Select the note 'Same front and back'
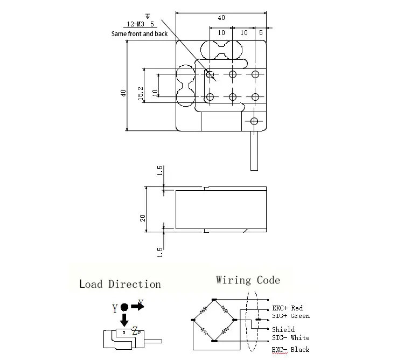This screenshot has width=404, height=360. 140,34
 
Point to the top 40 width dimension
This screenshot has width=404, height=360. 221,18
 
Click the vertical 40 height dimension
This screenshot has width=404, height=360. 124,93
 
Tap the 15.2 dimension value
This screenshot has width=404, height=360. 141,93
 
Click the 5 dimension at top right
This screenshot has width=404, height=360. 261,33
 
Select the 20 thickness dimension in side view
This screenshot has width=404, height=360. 143,217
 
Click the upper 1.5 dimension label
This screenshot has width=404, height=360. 160,171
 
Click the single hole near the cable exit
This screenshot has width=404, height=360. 255,121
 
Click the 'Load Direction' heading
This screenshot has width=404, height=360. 120,284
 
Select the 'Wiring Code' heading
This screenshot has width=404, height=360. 248,280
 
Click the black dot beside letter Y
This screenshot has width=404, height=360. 124,307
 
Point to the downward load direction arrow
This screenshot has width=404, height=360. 124,320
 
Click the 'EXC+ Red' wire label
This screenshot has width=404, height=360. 287,308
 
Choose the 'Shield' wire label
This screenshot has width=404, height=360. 283,329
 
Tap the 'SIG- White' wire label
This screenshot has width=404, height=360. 290,337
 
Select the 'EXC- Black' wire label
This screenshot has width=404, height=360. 290,350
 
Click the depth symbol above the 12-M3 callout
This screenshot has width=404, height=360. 140,16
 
